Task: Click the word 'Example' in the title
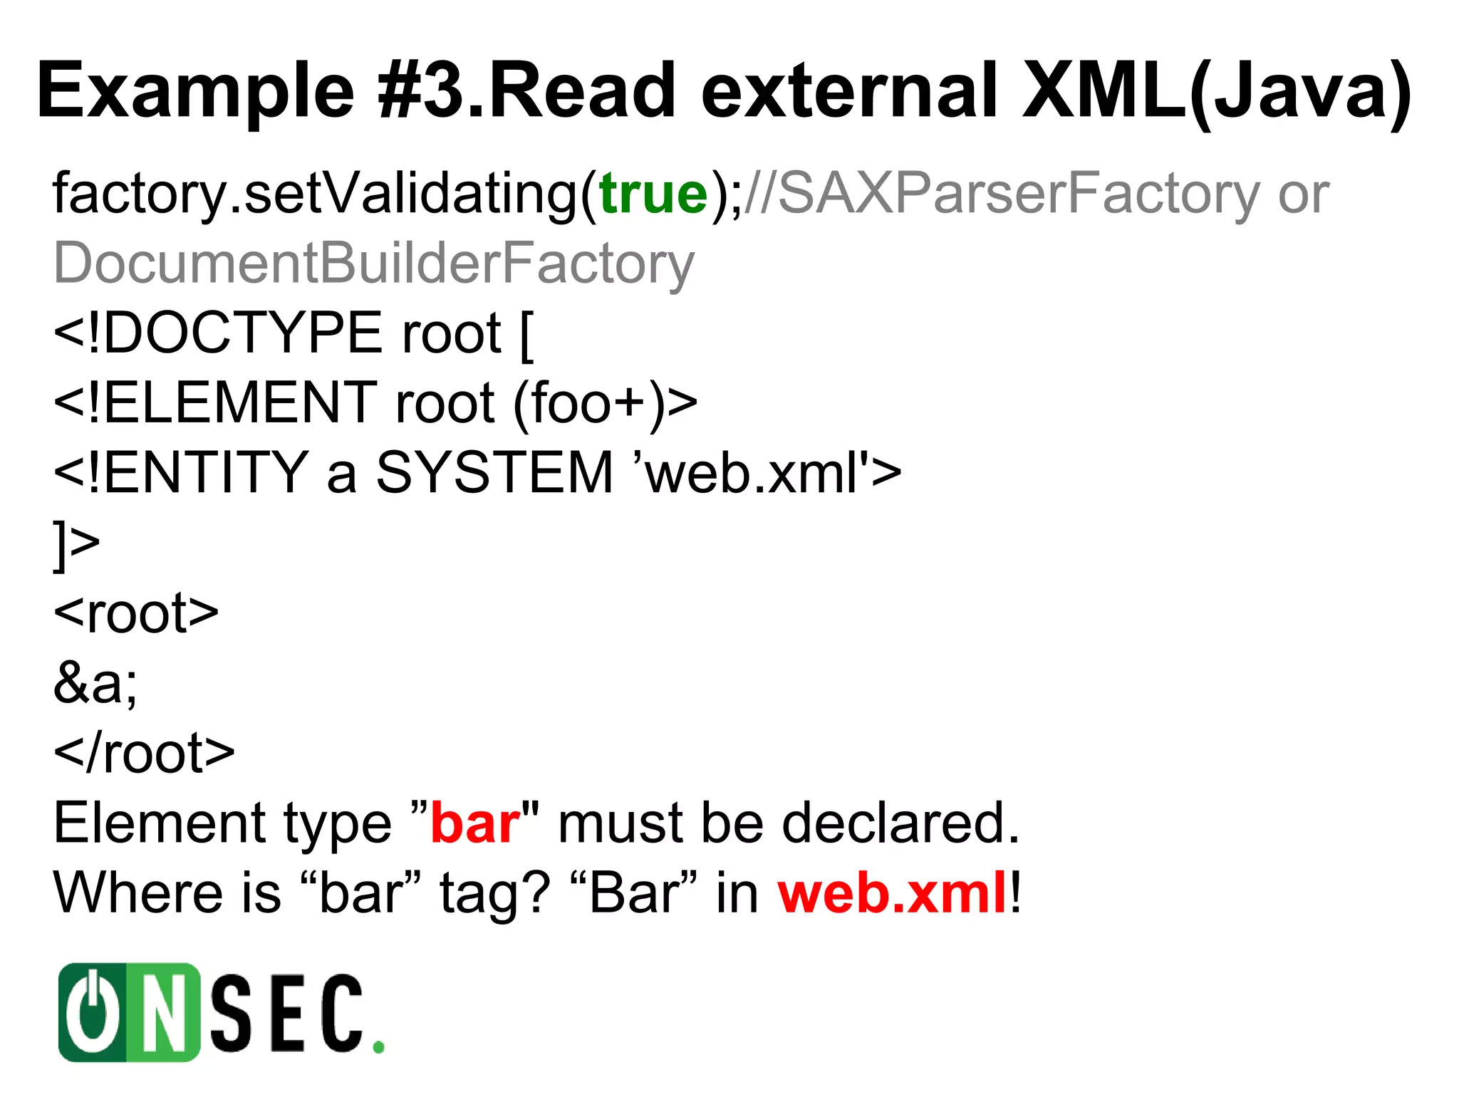(x=196, y=91)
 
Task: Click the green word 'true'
(x=653, y=194)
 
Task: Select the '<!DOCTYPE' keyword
(x=218, y=333)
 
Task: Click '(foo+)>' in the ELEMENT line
(x=606, y=403)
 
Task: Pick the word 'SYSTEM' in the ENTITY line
(x=494, y=473)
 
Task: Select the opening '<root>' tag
(x=136, y=613)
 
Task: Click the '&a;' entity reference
(x=95, y=682)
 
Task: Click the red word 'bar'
(x=475, y=823)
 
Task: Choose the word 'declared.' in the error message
(x=901, y=823)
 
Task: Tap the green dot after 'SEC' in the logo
(x=379, y=1047)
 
